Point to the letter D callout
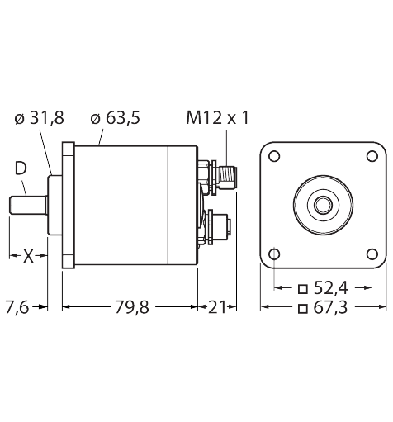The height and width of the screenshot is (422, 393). [20, 170]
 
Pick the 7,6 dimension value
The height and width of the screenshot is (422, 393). [17, 308]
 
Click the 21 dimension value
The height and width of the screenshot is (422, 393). [217, 308]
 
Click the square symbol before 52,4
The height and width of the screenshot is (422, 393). [303, 289]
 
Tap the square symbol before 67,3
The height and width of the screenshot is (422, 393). [303, 309]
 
